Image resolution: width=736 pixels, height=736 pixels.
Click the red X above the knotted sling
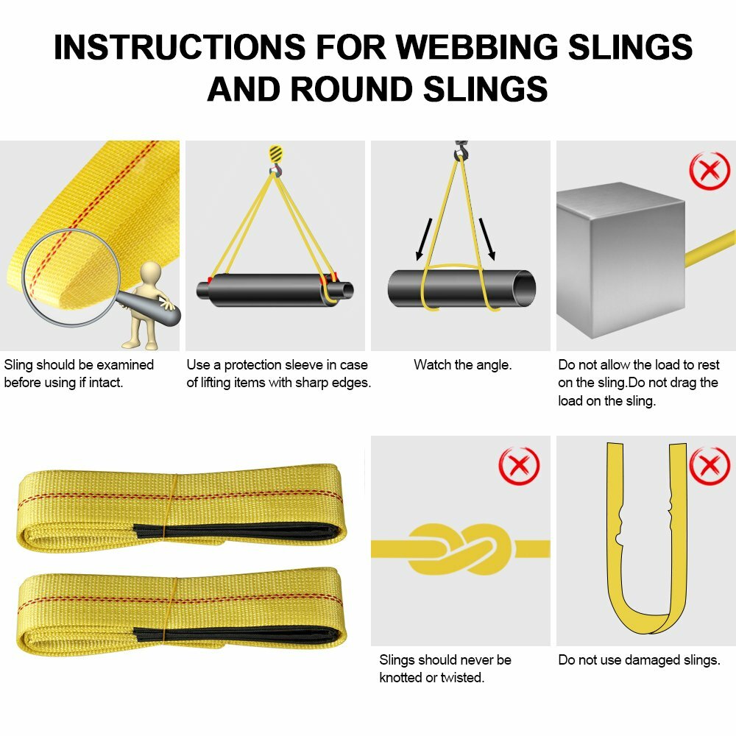coord(519,465)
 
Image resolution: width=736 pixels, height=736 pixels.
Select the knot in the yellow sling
coord(459,548)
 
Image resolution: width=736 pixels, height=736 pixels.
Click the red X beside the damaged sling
coord(710,465)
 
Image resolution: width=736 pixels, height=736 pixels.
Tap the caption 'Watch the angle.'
coord(462,364)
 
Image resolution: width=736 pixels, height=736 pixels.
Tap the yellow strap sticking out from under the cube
coord(711,247)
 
